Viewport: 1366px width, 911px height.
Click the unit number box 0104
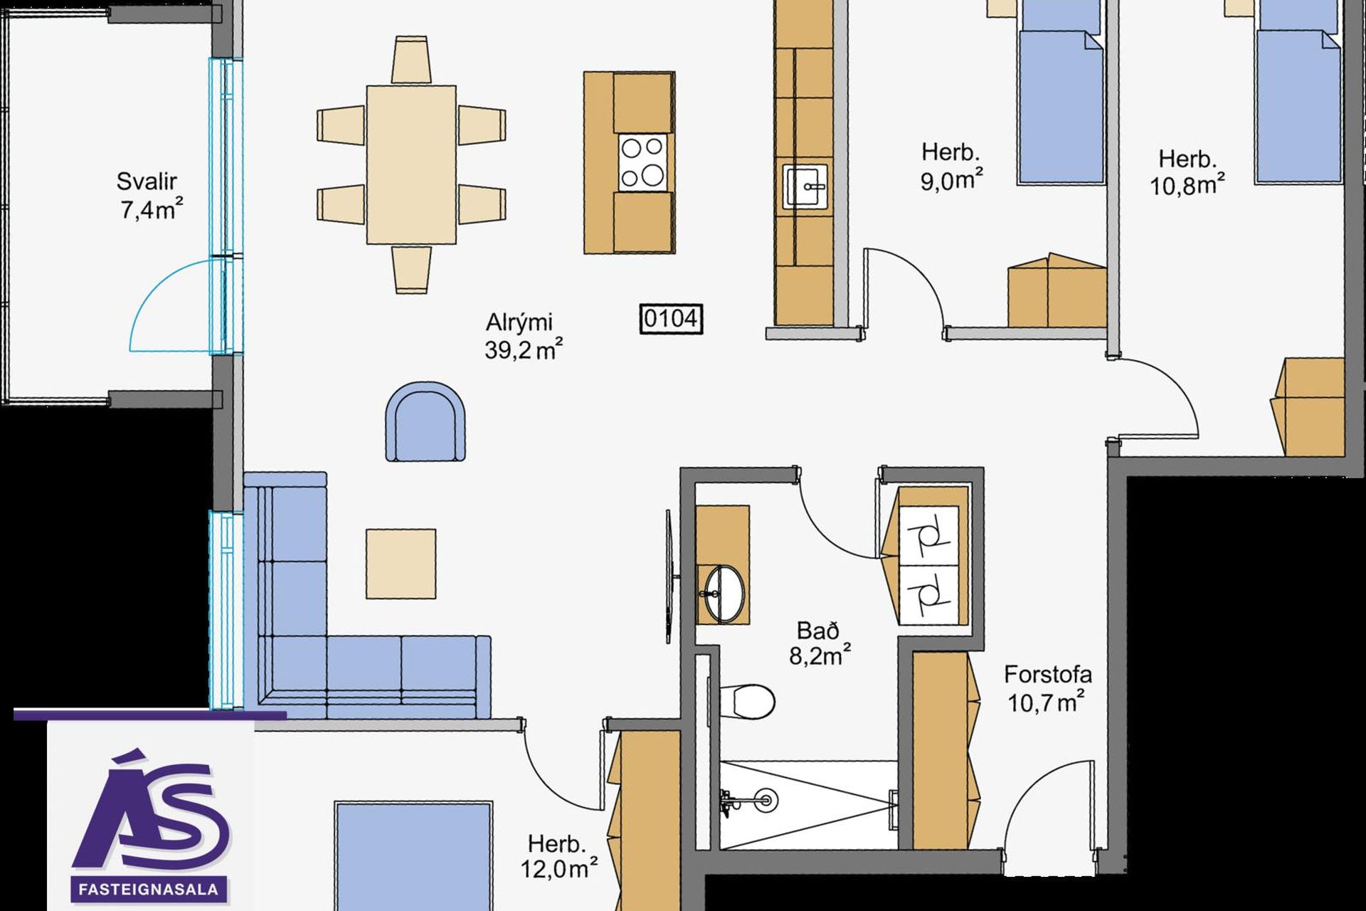click(x=671, y=319)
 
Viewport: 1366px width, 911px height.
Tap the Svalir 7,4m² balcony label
click(x=148, y=196)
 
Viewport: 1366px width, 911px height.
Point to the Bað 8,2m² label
click(x=820, y=643)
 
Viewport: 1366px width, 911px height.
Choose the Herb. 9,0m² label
click(x=951, y=167)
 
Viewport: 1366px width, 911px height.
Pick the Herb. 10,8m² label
click(x=1187, y=172)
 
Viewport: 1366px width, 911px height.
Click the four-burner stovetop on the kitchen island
click(x=643, y=162)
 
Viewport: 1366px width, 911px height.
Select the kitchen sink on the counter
click(x=805, y=186)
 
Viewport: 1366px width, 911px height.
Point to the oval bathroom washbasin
click(x=724, y=594)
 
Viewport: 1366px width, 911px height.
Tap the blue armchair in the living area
click(x=425, y=421)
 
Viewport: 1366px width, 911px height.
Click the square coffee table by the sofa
click(x=401, y=564)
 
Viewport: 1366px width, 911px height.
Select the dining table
click(x=411, y=165)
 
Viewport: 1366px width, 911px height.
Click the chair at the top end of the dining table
click(x=411, y=60)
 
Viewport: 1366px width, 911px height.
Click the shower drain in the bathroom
click(x=766, y=801)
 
